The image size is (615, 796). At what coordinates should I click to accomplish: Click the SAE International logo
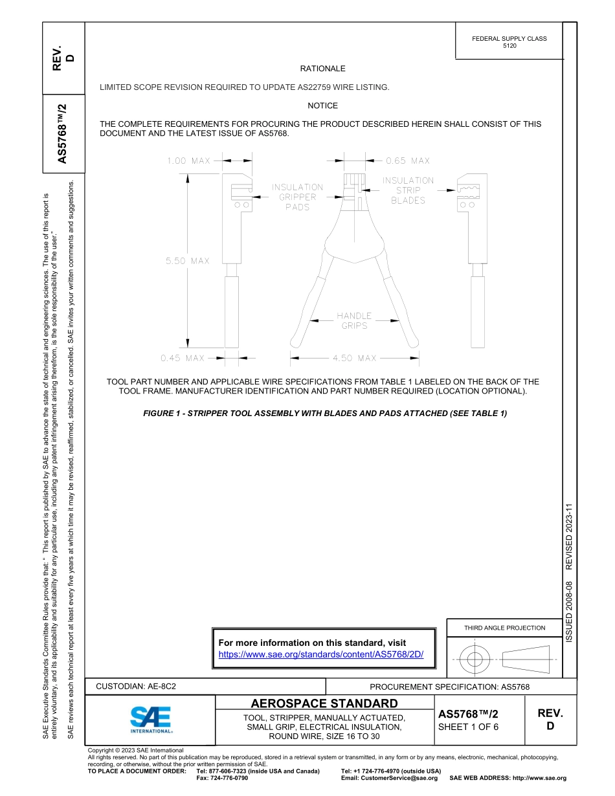click(150, 719)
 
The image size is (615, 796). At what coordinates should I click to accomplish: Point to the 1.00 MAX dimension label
click(188, 160)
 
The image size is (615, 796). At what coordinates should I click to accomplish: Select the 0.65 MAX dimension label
click(407, 160)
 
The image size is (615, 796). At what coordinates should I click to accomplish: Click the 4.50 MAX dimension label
click(354, 358)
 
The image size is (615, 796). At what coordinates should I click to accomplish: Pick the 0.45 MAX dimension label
click(183, 358)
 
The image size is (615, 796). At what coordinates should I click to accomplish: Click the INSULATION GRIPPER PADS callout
click(297, 197)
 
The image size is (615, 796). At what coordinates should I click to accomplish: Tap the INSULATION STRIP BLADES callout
click(408, 190)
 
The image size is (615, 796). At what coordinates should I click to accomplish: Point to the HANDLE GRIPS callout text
click(354, 320)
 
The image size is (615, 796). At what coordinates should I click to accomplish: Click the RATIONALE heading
click(322, 69)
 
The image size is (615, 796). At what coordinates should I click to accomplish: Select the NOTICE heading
click(322, 105)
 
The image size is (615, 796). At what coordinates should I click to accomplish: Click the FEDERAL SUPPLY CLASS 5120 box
click(509, 42)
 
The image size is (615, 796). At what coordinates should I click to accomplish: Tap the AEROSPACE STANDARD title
click(324, 703)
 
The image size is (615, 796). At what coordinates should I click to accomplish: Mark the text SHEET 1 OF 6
click(468, 727)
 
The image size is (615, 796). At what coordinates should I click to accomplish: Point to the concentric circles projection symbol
click(475, 660)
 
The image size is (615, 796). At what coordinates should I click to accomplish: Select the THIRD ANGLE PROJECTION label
click(504, 628)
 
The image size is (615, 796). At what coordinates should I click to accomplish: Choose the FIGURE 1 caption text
click(324, 414)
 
